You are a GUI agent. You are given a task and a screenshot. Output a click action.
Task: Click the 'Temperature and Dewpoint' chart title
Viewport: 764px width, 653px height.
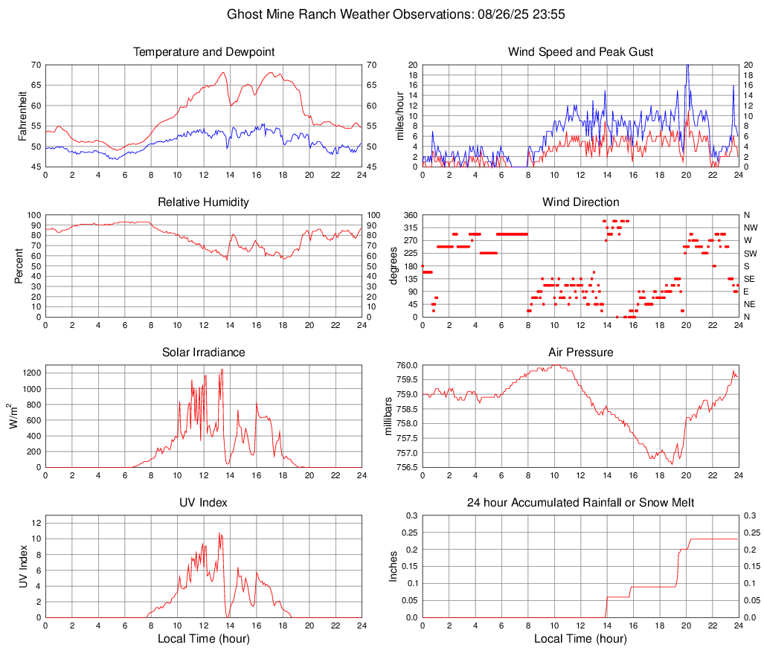[x=203, y=52]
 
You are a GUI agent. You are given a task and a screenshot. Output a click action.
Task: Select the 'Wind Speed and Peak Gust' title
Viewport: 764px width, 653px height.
[x=580, y=52]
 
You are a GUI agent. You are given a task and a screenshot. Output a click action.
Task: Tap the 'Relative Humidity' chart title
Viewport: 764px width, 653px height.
[x=203, y=202]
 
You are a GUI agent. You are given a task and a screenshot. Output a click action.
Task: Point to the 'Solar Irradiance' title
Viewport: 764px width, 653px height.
[x=203, y=353]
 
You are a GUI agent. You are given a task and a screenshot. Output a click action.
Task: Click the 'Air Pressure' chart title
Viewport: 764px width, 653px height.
[x=580, y=353]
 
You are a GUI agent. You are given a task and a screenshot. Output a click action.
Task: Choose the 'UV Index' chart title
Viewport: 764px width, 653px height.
[x=203, y=503]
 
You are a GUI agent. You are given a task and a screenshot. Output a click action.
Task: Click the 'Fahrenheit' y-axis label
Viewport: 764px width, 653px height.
[x=22, y=116]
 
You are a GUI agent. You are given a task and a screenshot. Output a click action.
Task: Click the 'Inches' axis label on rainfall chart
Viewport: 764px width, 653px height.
[x=394, y=566]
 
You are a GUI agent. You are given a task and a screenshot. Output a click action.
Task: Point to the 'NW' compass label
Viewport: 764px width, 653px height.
[x=750, y=228]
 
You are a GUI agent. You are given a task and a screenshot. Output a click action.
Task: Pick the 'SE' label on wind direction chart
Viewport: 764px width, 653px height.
[x=749, y=279]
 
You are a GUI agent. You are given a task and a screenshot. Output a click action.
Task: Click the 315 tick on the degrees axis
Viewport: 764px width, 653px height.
[x=408, y=228]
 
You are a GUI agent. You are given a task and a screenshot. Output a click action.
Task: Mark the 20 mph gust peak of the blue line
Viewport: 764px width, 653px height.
[x=687, y=66]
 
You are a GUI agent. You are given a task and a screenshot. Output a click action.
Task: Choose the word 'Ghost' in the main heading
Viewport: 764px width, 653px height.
[x=244, y=14]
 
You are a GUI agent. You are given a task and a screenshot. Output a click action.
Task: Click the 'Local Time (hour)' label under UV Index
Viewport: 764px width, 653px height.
[x=203, y=638]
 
